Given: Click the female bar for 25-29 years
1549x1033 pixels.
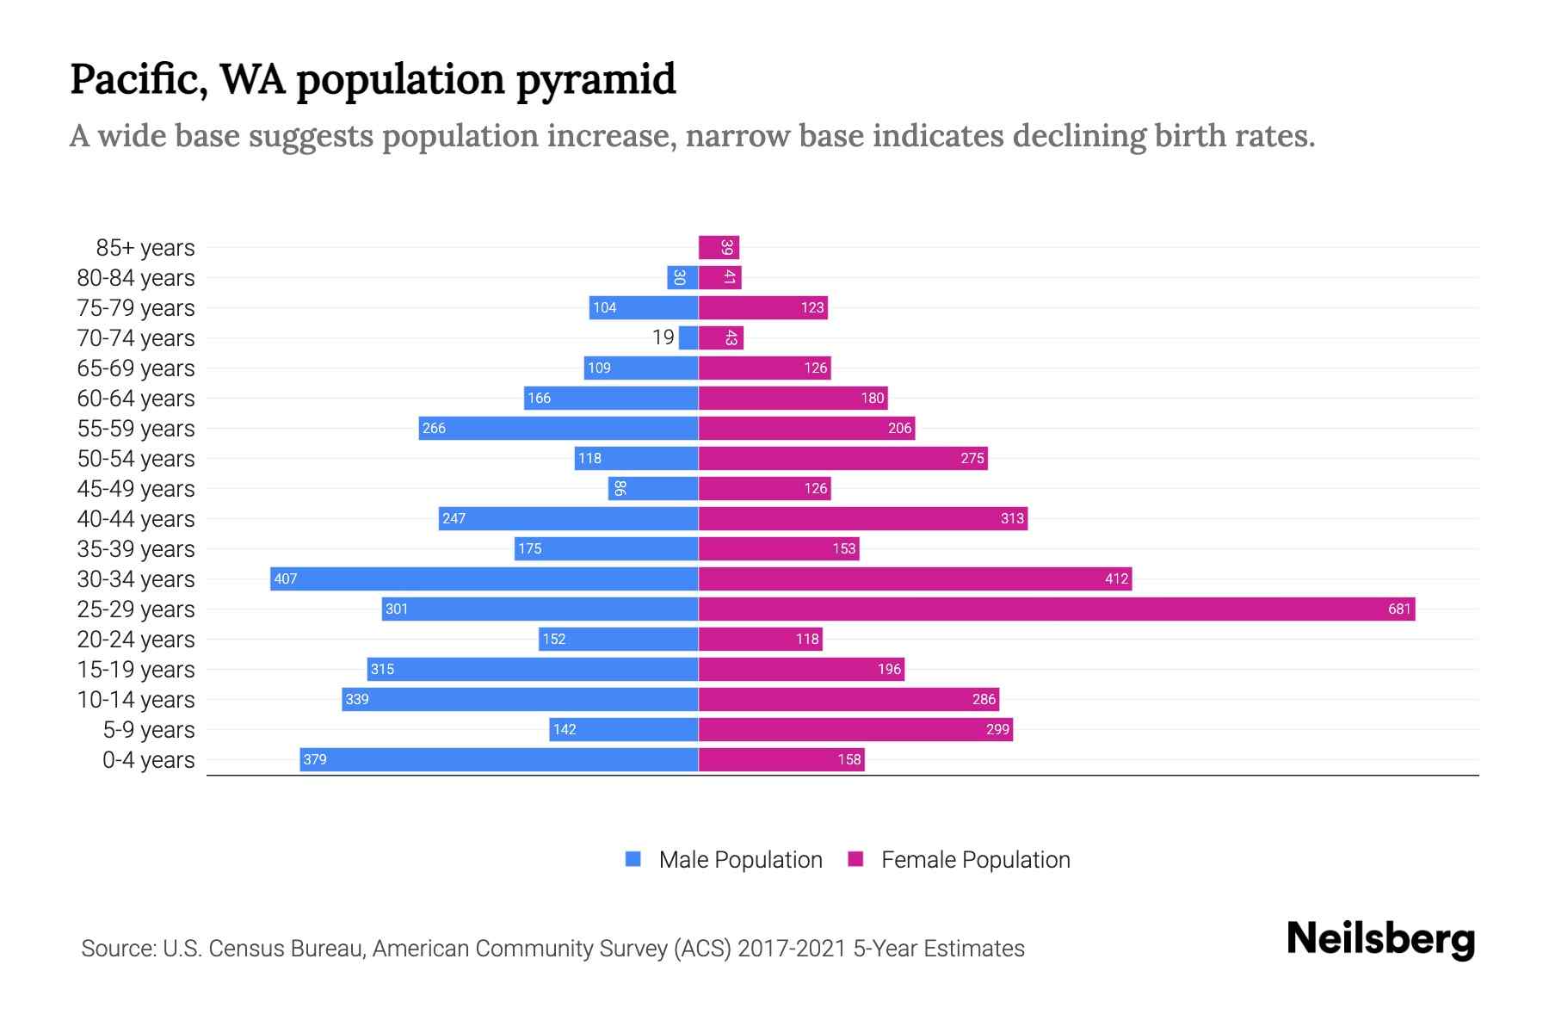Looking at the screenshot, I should tap(1057, 609).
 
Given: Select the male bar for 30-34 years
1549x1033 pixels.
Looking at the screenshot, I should tap(484, 579).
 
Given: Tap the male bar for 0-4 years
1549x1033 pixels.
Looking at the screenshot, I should tap(499, 760).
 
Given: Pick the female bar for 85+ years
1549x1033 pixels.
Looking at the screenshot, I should tap(719, 248).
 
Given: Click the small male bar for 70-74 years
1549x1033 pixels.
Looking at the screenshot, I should tap(688, 338).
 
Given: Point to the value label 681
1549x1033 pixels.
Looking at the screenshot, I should tap(1399, 609).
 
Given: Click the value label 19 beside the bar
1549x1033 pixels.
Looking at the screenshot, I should tap(663, 337).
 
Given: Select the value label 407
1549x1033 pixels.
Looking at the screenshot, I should tap(285, 579).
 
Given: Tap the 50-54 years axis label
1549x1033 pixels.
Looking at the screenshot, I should tap(136, 459).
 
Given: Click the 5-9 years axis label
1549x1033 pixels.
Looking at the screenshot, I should tap(149, 730).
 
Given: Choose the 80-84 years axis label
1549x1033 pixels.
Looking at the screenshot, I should tap(136, 278).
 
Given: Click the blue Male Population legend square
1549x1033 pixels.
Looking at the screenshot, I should tap(633, 859).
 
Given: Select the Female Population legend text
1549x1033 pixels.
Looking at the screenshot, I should tap(975, 860).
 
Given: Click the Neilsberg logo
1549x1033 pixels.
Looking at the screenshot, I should tap(1380, 939).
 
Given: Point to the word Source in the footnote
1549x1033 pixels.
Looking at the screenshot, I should tap(118, 949).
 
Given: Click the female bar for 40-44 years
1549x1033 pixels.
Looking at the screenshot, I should tap(863, 519).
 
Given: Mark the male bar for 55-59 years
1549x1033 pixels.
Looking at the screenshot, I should tap(559, 429).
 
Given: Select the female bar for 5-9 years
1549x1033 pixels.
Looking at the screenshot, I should tap(855, 730).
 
